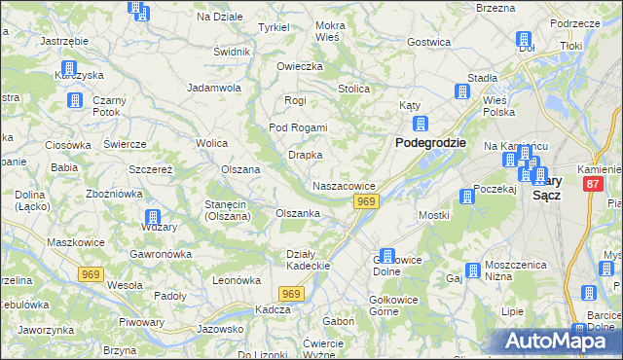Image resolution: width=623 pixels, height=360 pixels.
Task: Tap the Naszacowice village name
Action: pyautogui.click(x=344, y=186)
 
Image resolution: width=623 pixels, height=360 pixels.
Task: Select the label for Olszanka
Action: pyautogui.click(x=298, y=213)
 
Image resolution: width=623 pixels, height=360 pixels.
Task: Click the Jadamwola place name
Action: pyautogui.click(x=214, y=87)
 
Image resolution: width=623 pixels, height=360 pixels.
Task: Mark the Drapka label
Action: pyautogui.click(x=305, y=155)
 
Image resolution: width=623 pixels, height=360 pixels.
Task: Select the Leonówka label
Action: pyautogui.click(x=238, y=280)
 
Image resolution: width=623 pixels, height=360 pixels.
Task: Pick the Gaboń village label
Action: pyautogui.click(x=338, y=321)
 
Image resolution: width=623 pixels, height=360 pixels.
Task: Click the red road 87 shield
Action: pyautogui.click(x=594, y=184)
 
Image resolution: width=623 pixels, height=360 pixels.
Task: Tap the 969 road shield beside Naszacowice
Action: pyautogui.click(x=365, y=201)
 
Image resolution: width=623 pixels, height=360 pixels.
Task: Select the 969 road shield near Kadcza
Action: pyautogui.click(x=291, y=293)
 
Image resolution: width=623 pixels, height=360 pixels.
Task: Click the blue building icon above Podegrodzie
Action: pyautogui.click(x=421, y=124)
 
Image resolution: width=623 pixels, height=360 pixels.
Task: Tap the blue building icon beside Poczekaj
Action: pyautogui.click(x=467, y=197)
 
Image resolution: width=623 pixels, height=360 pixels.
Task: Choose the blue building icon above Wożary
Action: pyautogui.click(x=152, y=218)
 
